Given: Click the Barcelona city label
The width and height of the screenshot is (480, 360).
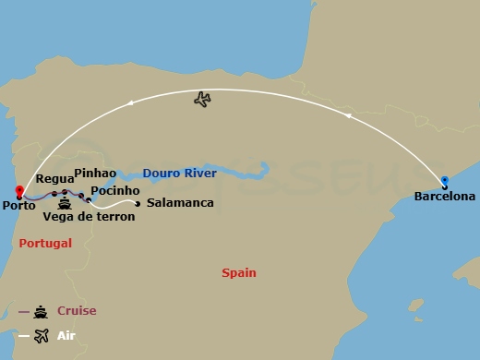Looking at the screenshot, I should pyautogui.click(x=445, y=197).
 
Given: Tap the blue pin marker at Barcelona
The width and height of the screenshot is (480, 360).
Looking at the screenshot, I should pyautogui.click(x=445, y=182).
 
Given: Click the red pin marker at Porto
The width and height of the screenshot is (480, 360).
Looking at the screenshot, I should pyautogui.click(x=18, y=192).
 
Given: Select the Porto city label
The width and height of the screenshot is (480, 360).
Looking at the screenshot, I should pyautogui.click(x=19, y=206).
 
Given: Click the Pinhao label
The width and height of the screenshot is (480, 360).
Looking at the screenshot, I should pyautogui.click(x=95, y=173).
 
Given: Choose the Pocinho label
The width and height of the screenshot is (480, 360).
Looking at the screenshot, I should pyautogui.click(x=115, y=189).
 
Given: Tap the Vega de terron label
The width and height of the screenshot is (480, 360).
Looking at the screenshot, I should pyautogui.click(x=89, y=217).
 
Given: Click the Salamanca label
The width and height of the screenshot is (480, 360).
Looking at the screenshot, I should pyautogui.click(x=180, y=203).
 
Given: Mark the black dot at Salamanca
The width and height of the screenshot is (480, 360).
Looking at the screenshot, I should pyautogui.click(x=138, y=204).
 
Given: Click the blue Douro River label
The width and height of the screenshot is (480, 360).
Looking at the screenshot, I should pyautogui.click(x=180, y=173).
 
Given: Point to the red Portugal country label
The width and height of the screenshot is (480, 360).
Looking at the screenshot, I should pyautogui.click(x=44, y=243).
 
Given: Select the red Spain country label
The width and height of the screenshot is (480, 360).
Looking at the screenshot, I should pyautogui.click(x=239, y=272).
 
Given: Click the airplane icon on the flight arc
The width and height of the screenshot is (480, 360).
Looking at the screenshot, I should pyautogui.click(x=203, y=99).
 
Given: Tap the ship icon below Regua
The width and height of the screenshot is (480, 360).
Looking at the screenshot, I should pyautogui.click(x=65, y=205).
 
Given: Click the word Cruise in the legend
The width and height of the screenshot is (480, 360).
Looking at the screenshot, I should pyautogui.click(x=77, y=311).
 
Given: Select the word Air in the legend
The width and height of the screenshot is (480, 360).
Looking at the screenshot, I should pyautogui.click(x=66, y=335).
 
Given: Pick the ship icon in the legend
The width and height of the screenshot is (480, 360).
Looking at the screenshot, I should pyautogui.click(x=41, y=311).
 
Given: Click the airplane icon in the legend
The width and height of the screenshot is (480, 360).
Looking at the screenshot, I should pyautogui.click(x=41, y=335).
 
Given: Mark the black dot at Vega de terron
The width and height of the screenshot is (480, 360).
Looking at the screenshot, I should pyautogui.click(x=88, y=200).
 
